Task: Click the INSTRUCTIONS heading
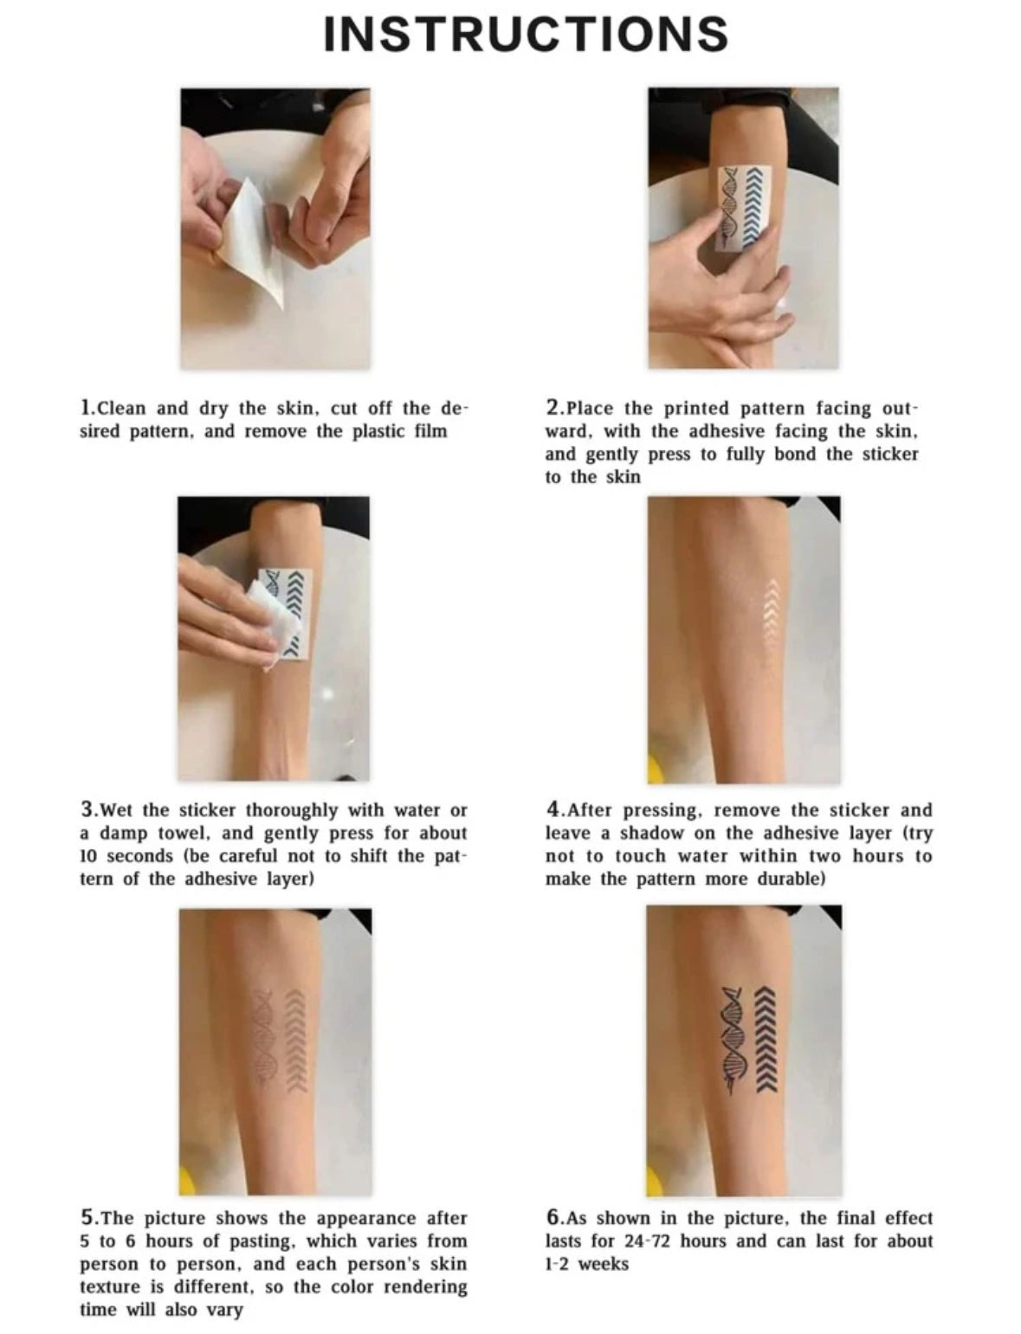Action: point(526,33)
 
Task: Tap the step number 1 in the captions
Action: point(86,408)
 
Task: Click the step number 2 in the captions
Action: point(553,408)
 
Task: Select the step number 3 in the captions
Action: point(87,810)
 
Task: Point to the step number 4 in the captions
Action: point(553,810)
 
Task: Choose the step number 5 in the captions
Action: point(87,1218)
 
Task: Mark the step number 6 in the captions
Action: point(553,1218)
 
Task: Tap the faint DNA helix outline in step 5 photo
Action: point(263,1039)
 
